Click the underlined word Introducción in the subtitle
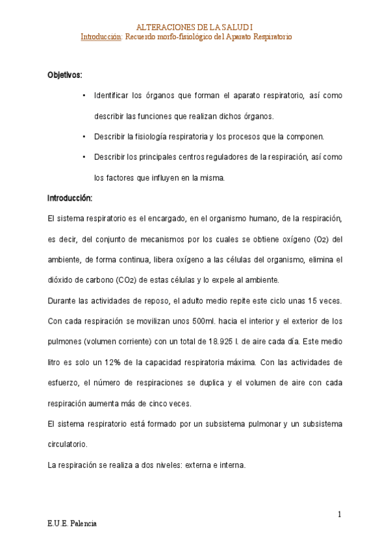(100, 37)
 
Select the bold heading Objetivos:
(64, 75)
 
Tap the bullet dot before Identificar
(84, 96)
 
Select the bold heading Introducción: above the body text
(70, 198)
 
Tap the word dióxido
(62, 280)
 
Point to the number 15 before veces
(296, 301)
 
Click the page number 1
(339, 515)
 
